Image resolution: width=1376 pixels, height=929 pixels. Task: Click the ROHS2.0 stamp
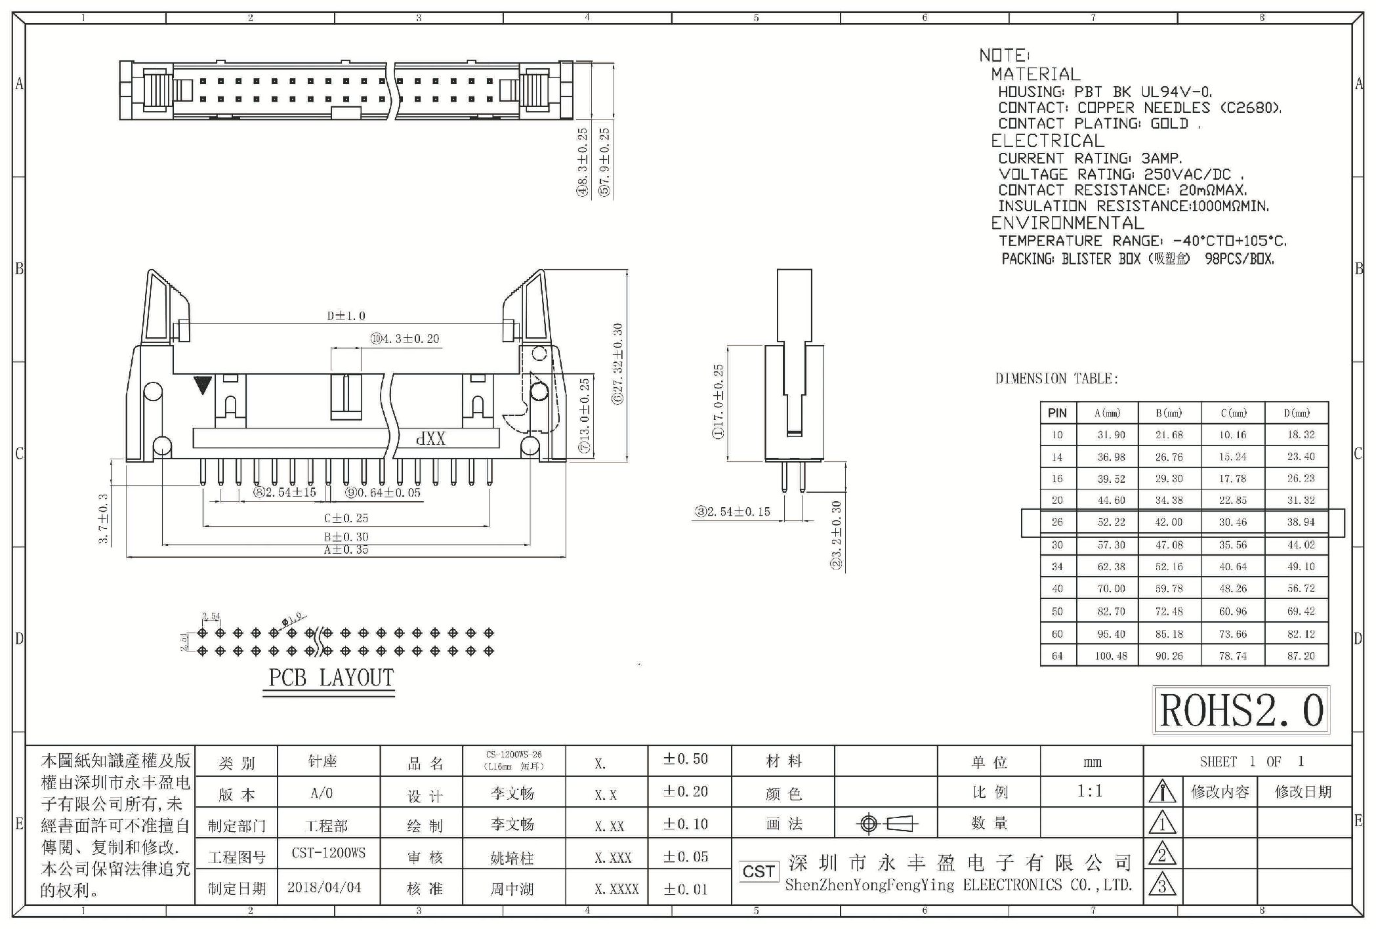coord(1241,710)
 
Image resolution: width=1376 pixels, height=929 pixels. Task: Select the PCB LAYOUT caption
coord(331,678)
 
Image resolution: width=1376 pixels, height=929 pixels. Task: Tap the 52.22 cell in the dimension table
coord(1111,522)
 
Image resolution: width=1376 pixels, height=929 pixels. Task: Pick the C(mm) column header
coord(1233,413)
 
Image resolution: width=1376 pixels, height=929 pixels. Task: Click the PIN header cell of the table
coord(1057,413)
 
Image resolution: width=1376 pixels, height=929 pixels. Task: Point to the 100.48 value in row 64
coord(1111,655)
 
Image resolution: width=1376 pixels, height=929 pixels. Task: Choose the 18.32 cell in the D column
coord(1300,435)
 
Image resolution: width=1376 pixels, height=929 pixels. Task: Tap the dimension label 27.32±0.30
coord(617,363)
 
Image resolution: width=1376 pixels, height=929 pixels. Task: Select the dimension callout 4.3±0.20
coord(405,339)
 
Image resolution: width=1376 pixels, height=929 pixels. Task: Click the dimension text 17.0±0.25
coord(719,401)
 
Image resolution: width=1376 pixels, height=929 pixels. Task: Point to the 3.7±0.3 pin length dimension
coord(103,518)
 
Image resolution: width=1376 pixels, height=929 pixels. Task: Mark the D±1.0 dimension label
coord(346,316)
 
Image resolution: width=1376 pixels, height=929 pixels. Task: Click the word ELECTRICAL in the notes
coord(1047,141)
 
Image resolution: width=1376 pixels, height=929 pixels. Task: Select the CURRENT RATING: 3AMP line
coord(1090,158)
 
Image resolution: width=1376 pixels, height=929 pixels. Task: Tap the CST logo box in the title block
coord(759,871)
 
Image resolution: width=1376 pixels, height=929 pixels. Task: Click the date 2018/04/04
coord(324,888)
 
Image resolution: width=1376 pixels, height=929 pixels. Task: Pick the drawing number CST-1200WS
coord(328,853)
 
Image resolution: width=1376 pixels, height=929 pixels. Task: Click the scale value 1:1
coord(1090,791)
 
